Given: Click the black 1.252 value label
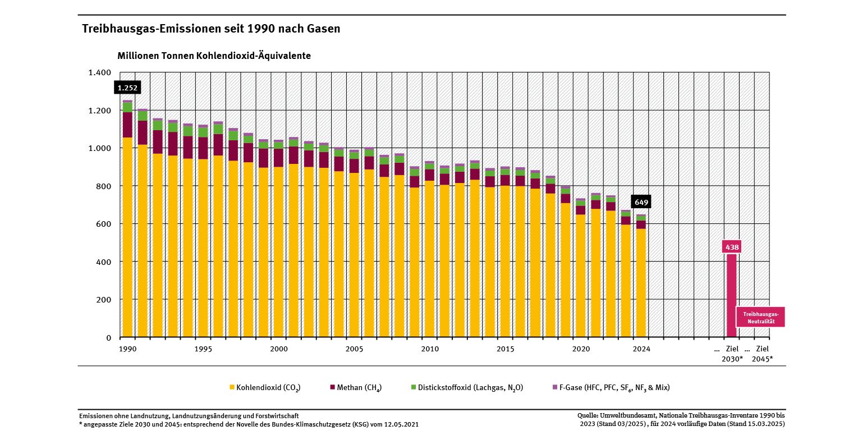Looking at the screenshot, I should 127,88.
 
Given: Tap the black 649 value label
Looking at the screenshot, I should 641,202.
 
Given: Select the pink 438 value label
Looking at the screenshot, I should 732,247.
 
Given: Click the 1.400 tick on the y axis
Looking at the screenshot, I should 100,72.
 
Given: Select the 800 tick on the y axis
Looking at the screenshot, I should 104,186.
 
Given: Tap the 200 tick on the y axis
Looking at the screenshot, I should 104,300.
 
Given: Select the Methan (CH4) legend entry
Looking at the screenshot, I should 359,388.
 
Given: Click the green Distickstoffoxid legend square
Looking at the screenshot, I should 414,387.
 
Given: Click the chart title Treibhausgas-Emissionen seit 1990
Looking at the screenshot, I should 211,29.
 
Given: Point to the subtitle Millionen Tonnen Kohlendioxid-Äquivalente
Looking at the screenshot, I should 214,56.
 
